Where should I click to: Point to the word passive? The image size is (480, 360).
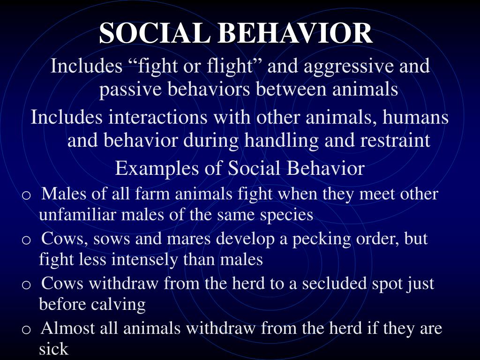[x=128, y=89]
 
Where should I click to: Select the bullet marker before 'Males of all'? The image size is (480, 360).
[x=26, y=195]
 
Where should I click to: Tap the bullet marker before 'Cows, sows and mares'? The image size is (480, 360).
[x=26, y=240]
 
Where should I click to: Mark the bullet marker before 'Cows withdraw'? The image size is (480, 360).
[x=26, y=284]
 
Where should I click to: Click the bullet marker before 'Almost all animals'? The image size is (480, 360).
[x=26, y=329]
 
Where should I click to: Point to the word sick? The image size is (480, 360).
[x=53, y=349]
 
